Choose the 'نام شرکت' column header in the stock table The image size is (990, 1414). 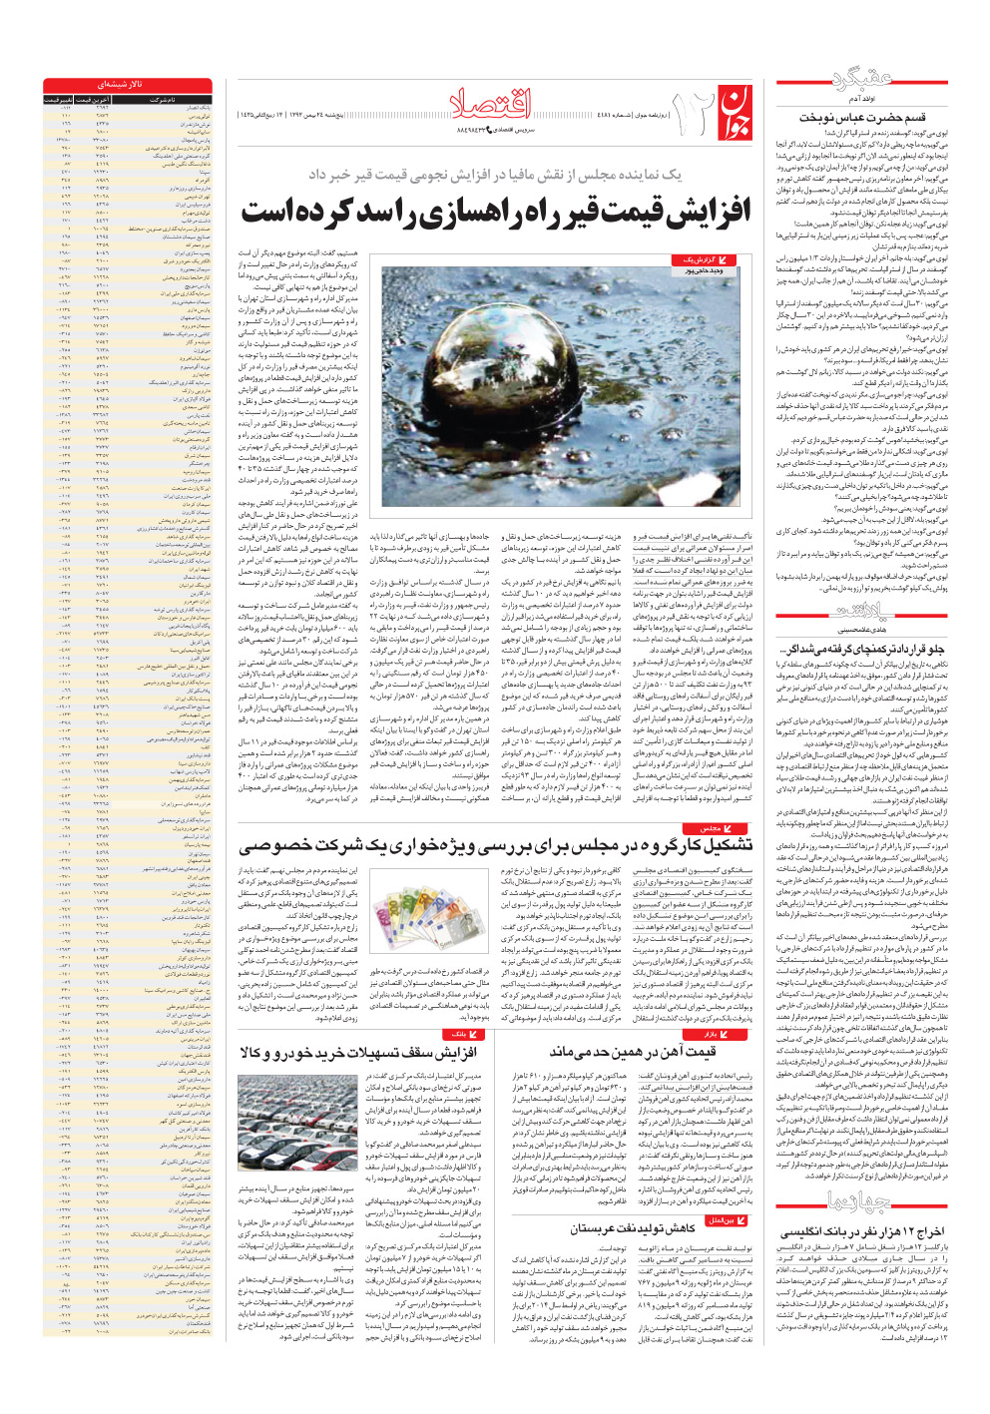(164, 100)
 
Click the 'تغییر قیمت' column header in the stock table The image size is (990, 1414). (58, 100)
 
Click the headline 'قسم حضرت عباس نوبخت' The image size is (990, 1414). (861, 118)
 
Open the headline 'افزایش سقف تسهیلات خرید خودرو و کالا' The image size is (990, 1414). (358, 1052)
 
